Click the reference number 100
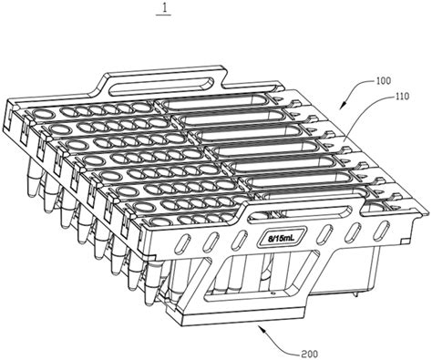click(384, 81)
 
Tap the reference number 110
click(402, 97)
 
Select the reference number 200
click(310, 354)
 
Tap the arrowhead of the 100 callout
click(343, 106)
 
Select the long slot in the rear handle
click(160, 84)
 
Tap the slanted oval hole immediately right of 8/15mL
click(324, 233)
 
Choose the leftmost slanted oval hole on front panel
click(183, 242)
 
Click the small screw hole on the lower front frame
click(273, 293)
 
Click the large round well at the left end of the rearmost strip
click(44, 115)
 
